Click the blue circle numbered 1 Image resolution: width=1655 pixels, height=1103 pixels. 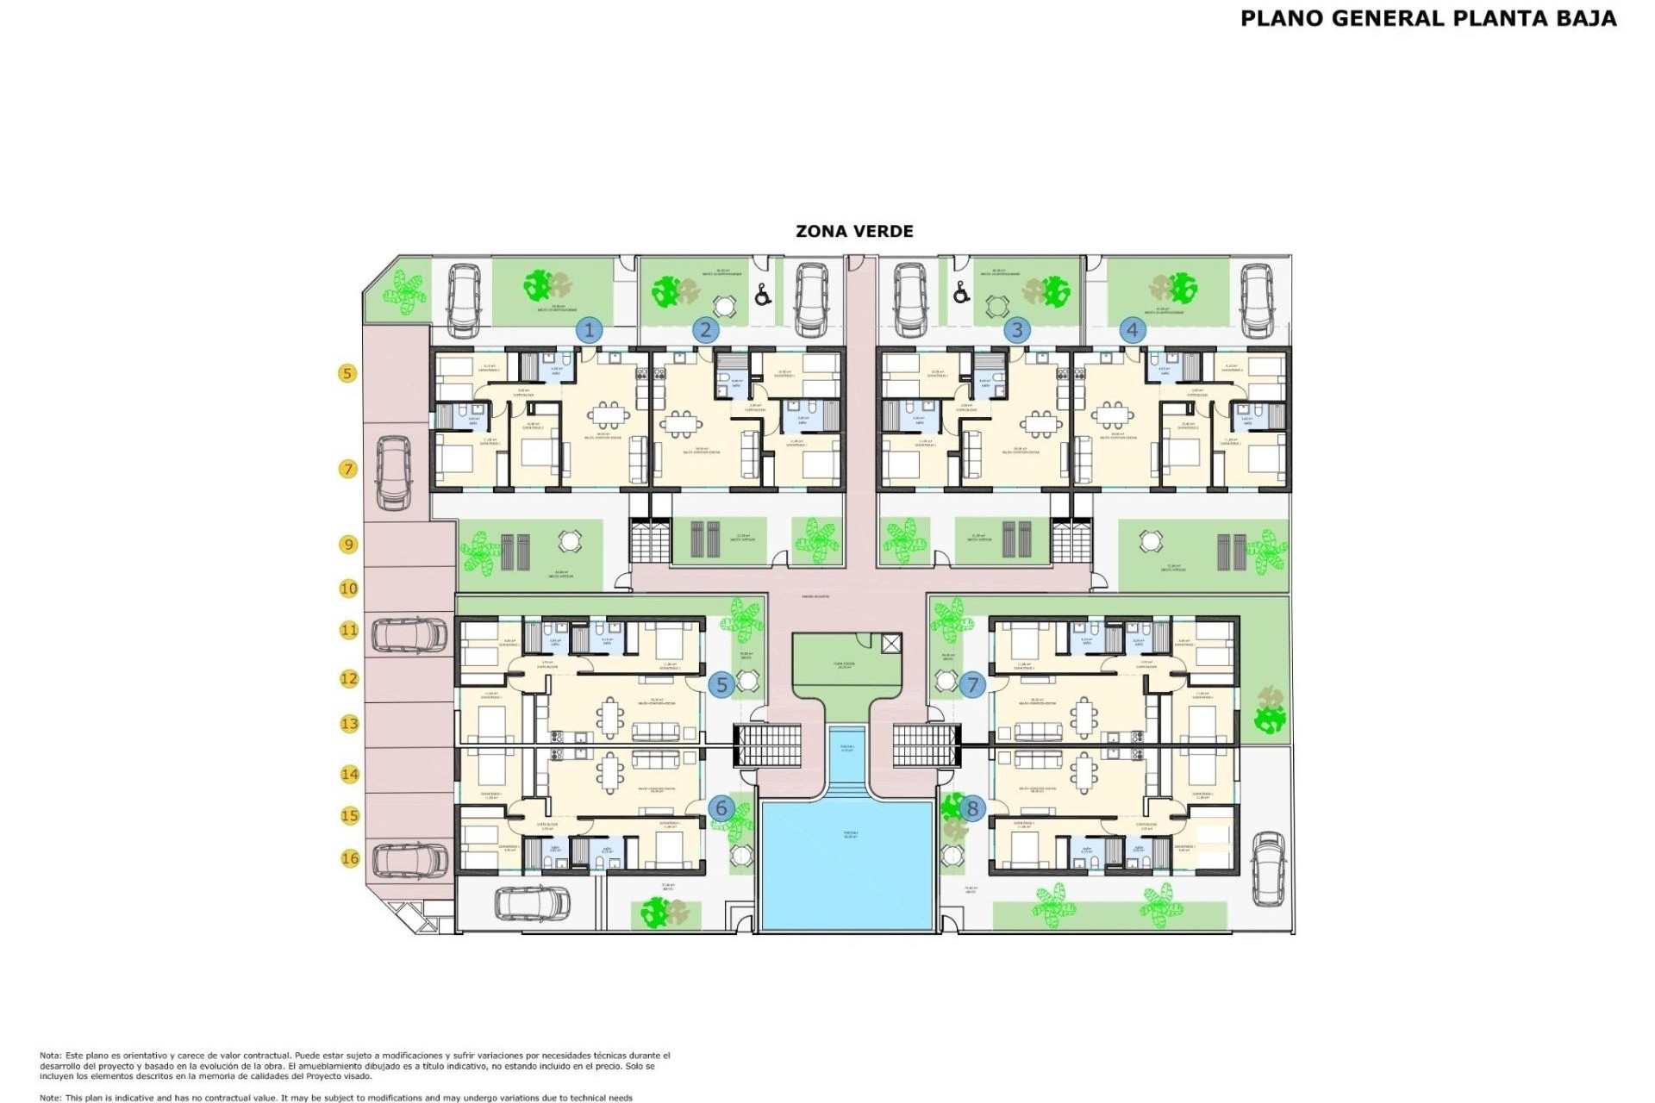tap(590, 329)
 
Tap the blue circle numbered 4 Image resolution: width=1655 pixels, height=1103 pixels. tap(1133, 329)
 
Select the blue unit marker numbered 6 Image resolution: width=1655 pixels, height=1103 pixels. tap(721, 808)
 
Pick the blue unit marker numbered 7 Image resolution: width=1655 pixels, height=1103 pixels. tap(972, 685)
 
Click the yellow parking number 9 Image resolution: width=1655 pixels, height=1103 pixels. tap(348, 545)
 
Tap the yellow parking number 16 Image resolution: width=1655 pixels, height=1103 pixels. tap(350, 858)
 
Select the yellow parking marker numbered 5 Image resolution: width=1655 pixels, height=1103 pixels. tap(347, 373)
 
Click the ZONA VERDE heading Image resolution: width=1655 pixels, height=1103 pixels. tap(854, 231)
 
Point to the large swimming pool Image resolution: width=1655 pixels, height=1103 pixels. tap(847, 864)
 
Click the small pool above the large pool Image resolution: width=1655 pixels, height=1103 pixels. tap(847, 752)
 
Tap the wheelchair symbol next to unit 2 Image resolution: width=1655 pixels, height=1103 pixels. tap(762, 296)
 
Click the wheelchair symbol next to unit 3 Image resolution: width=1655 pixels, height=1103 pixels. tap(961, 294)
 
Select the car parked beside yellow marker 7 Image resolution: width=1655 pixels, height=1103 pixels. tap(394, 472)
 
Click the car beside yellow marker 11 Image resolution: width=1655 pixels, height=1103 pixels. tap(409, 635)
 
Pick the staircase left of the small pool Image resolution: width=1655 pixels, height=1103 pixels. tap(767, 745)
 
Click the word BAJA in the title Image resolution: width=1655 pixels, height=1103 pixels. tap(1586, 18)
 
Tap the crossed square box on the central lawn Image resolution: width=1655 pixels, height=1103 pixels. tap(891, 643)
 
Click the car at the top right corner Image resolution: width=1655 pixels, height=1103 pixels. tap(1257, 301)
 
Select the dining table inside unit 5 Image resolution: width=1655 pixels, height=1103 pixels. tap(611, 717)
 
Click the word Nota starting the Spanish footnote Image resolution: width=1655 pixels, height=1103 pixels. tap(49, 1056)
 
